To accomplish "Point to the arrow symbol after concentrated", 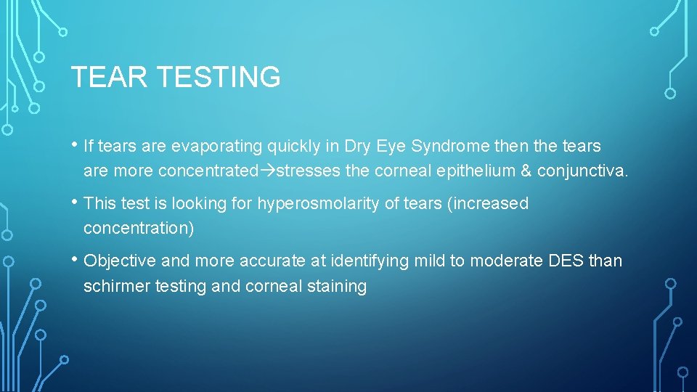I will coord(268,171).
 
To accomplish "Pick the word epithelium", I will coord(474,171).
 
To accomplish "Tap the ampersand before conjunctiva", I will coord(526,171).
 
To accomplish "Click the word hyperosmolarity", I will coord(318,204).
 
